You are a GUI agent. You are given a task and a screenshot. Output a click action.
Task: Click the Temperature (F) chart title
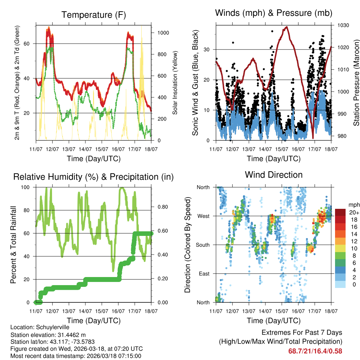94,15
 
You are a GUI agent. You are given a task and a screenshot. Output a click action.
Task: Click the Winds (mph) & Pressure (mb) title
274,13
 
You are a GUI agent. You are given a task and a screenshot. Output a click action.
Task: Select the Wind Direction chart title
274,174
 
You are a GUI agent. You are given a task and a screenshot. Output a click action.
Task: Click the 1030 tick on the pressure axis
343,26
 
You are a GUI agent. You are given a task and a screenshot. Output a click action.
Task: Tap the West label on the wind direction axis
203,216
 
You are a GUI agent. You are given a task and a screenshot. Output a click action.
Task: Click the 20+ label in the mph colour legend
354,212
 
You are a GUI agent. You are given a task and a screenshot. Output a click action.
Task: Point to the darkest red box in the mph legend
340,212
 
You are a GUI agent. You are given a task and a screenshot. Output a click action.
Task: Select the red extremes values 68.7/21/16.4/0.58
315,351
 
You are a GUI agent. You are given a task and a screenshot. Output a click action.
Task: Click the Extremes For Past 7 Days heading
302,333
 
